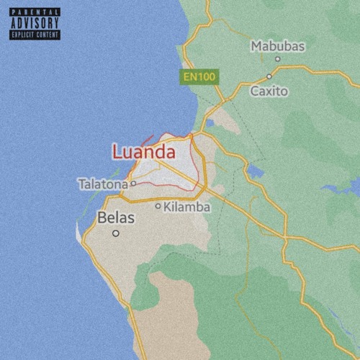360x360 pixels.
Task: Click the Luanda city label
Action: click(144, 152)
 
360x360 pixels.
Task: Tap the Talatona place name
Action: click(103, 184)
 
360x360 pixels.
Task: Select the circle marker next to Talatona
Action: click(133, 184)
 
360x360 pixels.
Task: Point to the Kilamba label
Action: click(187, 207)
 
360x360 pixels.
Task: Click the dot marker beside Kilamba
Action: click(158, 206)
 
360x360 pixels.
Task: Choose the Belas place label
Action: click(115, 217)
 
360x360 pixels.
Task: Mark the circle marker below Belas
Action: click(115, 233)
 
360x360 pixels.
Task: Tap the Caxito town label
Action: click(269, 91)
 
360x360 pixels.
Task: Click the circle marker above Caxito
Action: click(269, 76)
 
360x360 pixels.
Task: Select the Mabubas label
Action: click(277, 47)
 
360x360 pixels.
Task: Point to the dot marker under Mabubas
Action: click(279, 60)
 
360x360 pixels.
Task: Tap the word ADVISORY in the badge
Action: click(35, 22)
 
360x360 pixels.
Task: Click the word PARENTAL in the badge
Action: click(35, 12)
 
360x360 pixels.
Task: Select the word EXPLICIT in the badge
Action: click(23, 34)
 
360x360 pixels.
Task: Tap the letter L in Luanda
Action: click(117, 153)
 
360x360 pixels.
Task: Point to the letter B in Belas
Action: click(102, 217)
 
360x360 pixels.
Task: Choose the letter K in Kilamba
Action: click(168, 207)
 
